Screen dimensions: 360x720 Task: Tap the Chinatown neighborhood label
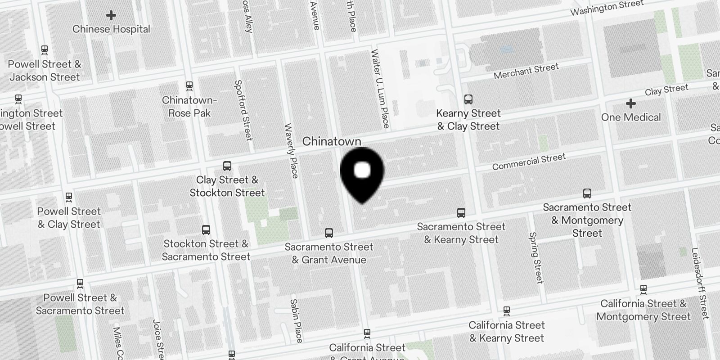332,141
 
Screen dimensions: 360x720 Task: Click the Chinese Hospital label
111,29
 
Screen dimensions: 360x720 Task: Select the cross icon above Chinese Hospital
111,15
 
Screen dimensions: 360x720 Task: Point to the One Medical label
631,117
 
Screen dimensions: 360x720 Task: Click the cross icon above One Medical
631,103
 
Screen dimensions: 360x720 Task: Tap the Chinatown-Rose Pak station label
189,107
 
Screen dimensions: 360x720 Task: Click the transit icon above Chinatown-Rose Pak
189,85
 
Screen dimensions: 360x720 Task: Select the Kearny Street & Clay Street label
468,120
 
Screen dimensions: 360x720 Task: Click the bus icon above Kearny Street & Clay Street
468,99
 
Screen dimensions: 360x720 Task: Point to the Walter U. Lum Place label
380,88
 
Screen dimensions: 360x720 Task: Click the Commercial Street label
529,162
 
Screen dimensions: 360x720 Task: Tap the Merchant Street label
526,71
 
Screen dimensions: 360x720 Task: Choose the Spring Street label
536,257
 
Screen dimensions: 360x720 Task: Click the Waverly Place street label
292,151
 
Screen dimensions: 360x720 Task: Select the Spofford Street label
243,110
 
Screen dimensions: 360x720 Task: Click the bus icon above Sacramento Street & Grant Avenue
329,233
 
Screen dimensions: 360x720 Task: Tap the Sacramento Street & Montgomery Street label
587,220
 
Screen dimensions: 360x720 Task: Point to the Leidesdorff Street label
700,283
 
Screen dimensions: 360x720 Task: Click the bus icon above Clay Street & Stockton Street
227,166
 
